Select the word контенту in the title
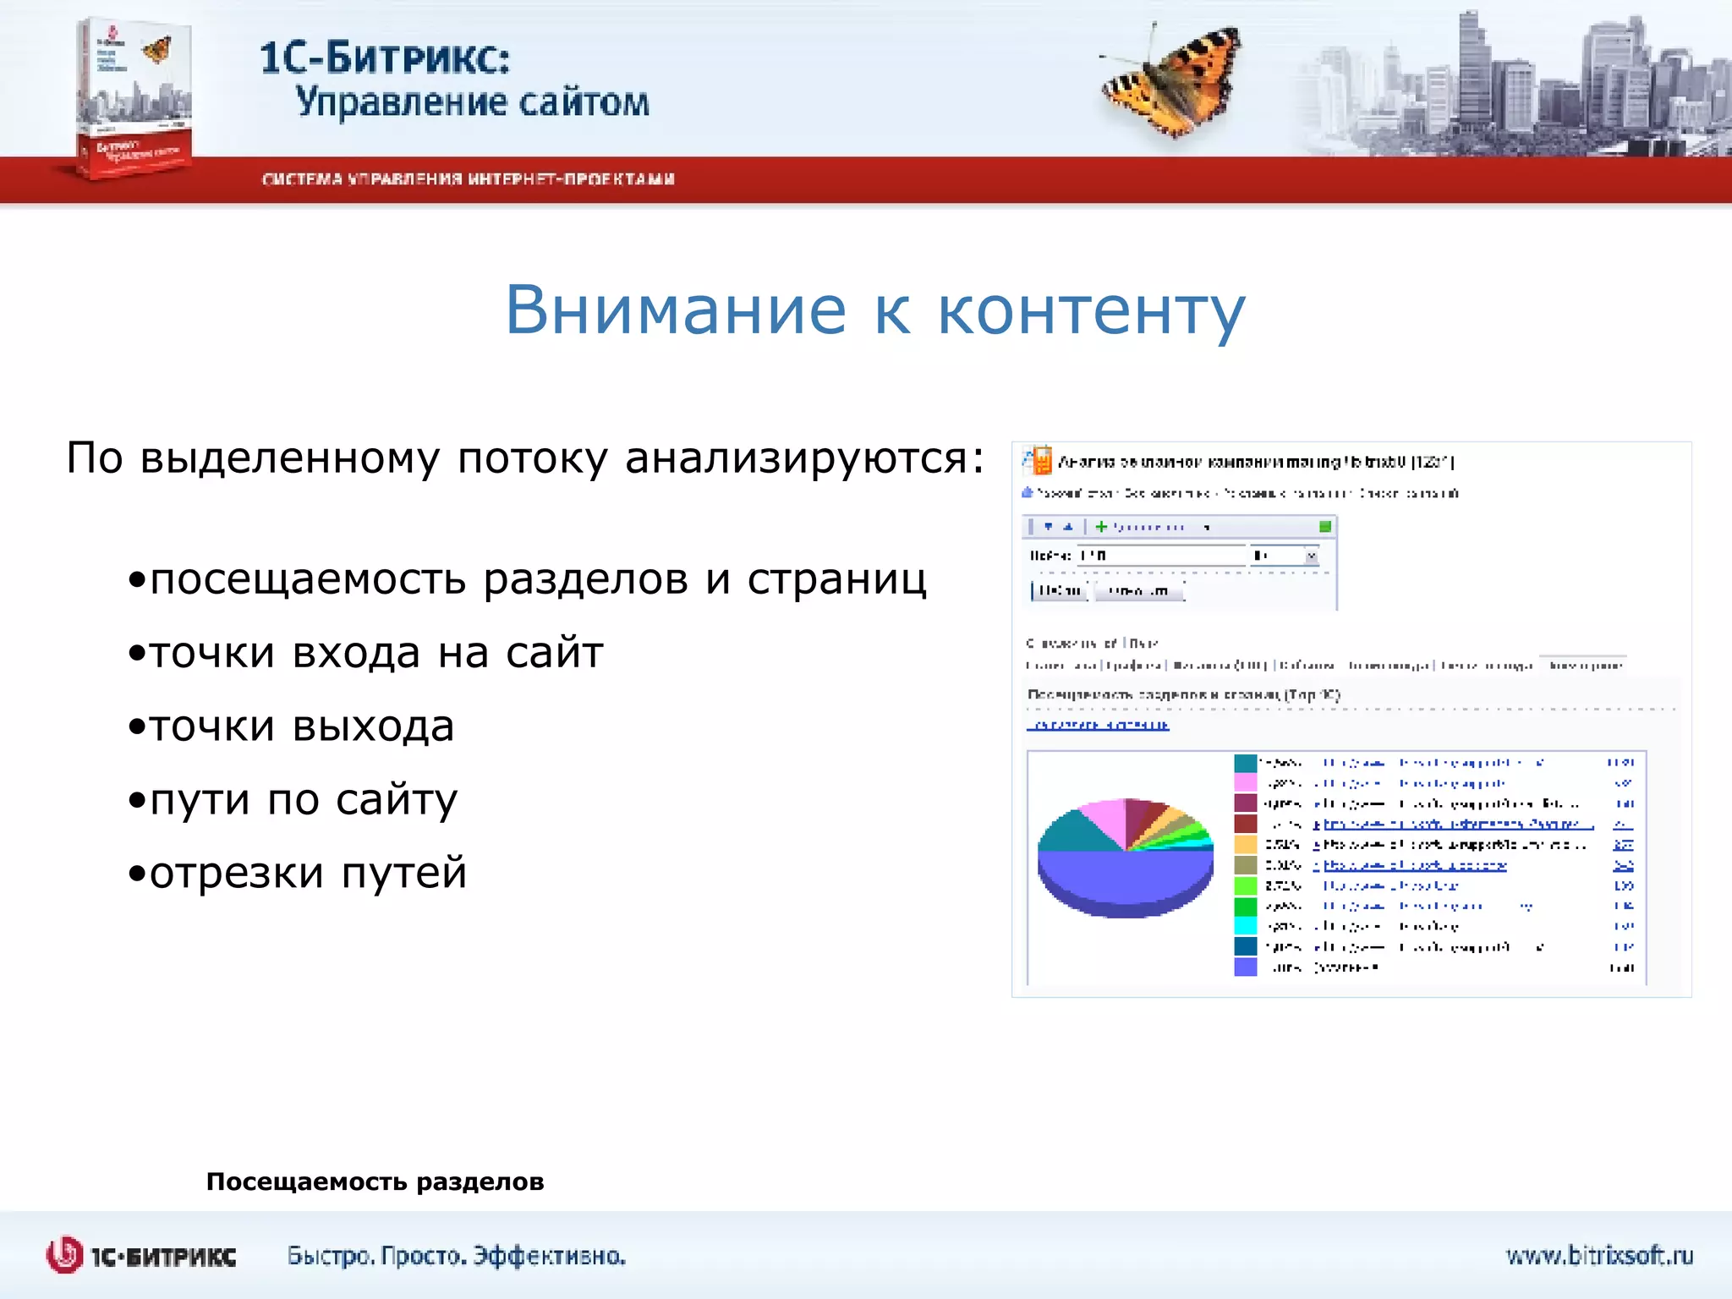(1091, 310)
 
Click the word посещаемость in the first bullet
(308, 580)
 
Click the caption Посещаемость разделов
(375, 1181)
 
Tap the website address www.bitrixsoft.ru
(1598, 1255)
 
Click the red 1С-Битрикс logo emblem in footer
(64, 1255)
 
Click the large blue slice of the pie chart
(1125, 880)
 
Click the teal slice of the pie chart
(1070, 833)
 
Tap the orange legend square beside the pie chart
(1245, 844)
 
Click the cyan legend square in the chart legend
(1245, 926)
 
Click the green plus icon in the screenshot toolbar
(1101, 527)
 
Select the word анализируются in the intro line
(803, 458)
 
